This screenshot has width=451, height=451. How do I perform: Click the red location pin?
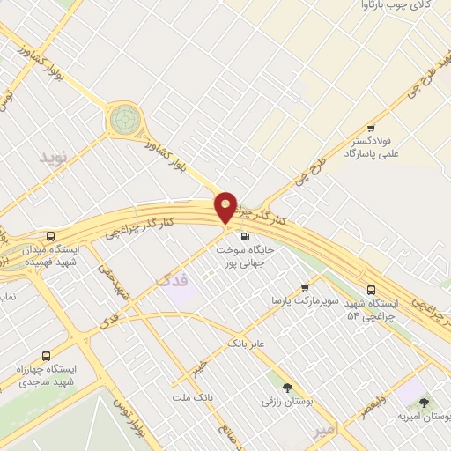tap(226, 208)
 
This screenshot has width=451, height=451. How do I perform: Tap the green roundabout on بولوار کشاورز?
tap(124, 119)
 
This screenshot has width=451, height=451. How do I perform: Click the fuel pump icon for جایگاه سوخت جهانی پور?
tap(244, 236)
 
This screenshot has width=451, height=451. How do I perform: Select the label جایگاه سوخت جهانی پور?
tap(246, 255)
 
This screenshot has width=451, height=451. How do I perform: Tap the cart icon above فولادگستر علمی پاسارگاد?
tap(371, 128)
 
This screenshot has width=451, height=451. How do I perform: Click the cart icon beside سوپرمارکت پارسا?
tap(305, 287)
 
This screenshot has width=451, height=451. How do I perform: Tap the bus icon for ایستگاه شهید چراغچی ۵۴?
tap(371, 289)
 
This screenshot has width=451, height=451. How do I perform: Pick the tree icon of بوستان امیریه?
tap(425, 402)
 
